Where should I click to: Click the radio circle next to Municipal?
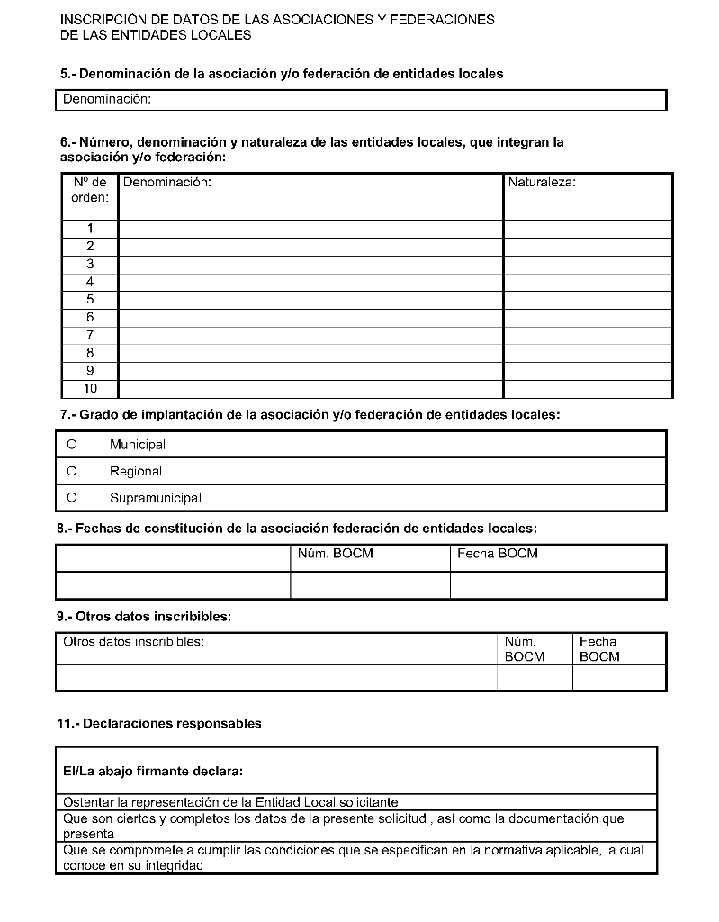tap(71, 444)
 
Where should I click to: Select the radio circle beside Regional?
tap(71, 471)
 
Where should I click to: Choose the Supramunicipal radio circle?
tap(71, 497)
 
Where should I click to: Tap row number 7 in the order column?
tap(90, 335)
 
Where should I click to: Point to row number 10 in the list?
tap(90, 389)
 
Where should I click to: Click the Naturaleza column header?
tap(542, 183)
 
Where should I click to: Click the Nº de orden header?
tap(90, 190)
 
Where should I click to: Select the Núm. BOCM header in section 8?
tap(335, 554)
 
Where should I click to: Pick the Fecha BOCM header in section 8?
tap(497, 554)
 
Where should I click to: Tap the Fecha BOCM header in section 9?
tap(599, 649)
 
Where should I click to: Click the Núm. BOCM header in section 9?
tap(525, 649)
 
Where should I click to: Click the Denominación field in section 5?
tap(360, 100)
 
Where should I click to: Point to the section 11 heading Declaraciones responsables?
tap(159, 723)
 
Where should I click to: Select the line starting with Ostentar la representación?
tap(230, 802)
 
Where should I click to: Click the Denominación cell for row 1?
tap(310, 229)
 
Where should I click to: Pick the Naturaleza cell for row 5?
tap(587, 300)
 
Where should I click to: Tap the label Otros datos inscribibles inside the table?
tap(133, 642)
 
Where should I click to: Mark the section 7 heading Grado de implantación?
tap(309, 415)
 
